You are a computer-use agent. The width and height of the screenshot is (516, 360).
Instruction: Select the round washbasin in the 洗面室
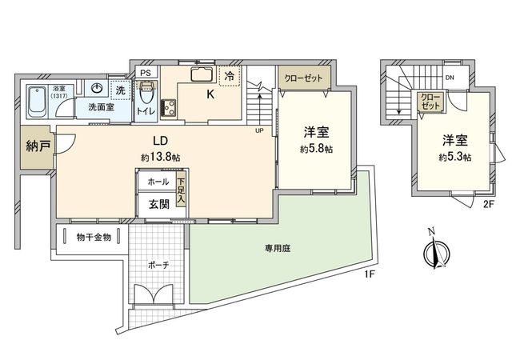click(x=97, y=89)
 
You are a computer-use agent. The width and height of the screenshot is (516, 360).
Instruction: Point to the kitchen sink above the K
click(x=202, y=77)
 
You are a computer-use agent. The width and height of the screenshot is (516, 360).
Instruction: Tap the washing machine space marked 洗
click(x=120, y=90)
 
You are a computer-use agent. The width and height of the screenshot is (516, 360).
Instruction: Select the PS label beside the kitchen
click(x=145, y=72)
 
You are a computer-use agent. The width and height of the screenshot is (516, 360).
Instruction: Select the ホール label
click(x=158, y=182)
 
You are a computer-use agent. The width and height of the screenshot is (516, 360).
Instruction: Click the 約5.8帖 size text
click(x=317, y=149)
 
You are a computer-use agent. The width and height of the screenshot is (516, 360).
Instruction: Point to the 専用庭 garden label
click(x=278, y=248)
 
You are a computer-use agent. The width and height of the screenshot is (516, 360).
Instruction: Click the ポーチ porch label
click(x=157, y=266)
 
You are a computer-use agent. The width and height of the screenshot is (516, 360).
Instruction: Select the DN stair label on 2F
click(x=450, y=78)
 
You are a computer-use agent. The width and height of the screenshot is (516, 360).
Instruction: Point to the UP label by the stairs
click(x=258, y=130)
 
